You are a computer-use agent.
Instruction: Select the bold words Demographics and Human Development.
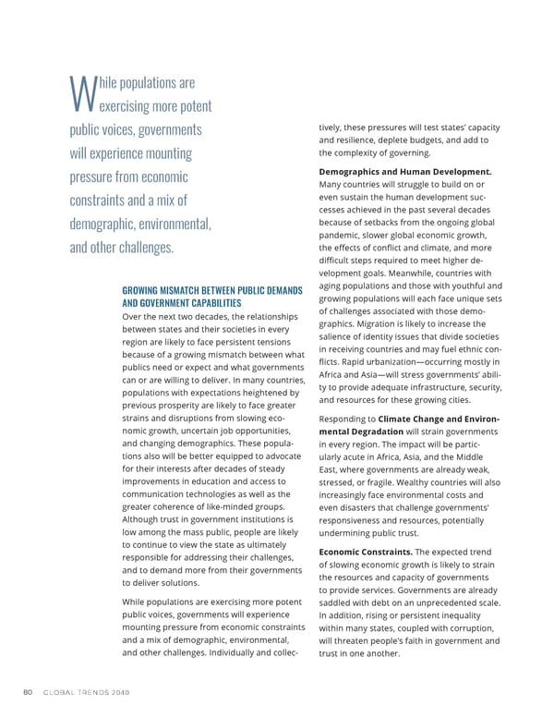point(404,172)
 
